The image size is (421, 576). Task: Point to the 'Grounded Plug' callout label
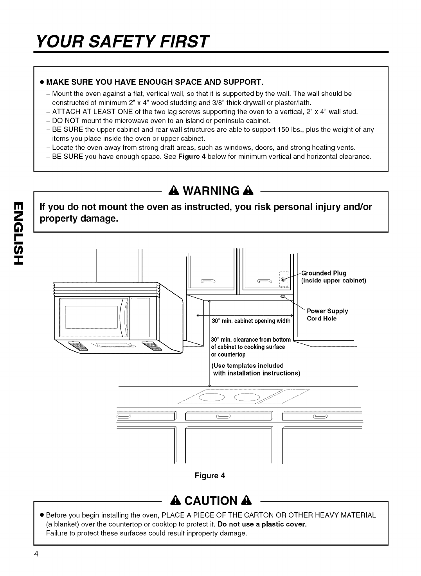(x=324, y=273)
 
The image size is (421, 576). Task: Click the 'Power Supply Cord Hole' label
(x=327, y=315)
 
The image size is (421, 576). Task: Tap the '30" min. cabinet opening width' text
(x=251, y=321)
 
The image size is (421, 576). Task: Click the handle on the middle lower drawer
(x=223, y=416)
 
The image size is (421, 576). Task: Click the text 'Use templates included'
(x=247, y=365)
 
